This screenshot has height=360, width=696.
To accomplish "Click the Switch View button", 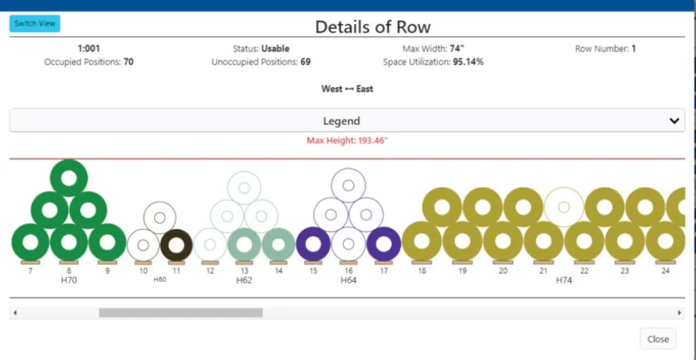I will coord(35,23).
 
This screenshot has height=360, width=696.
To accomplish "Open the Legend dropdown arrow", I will coord(674,121).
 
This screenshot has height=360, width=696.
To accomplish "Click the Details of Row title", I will coord(372,27).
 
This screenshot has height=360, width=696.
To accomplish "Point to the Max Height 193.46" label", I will coord(347,141).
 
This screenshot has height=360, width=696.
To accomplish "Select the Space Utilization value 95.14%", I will coord(468,62).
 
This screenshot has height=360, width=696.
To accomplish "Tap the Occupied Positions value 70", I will coord(128,62).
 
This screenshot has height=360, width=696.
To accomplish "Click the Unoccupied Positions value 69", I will coord(305,62).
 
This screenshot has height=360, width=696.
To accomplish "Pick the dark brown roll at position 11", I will coord(176,244).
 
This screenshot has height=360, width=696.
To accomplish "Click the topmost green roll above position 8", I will coord(69,178).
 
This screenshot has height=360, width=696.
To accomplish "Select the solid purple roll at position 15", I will coord(313,244).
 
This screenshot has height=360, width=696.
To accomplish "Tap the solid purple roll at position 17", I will coord(383,244).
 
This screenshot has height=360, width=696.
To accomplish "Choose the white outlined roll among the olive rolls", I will coord(563,206).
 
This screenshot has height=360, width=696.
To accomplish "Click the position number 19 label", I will coord(462,270).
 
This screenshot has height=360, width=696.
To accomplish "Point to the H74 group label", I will coord(564,280).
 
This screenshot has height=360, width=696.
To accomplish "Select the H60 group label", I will coord(160,279).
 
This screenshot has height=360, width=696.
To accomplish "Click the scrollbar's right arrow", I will coord(679,313).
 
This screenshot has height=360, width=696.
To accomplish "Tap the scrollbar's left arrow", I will coord(15,313).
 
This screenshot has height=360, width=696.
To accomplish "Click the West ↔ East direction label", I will coord(347,89).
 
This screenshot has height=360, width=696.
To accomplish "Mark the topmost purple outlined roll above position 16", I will coord(349,185).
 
